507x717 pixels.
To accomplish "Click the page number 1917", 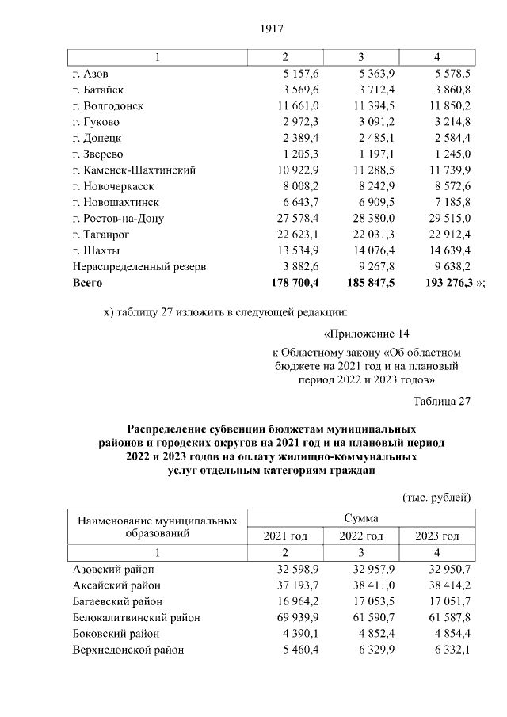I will [271, 29].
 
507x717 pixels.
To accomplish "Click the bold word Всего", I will [87, 282].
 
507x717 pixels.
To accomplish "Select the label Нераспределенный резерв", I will [139, 266].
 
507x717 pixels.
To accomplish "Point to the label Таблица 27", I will [442, 401].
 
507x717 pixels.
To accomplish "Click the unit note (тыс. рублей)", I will [436, 498].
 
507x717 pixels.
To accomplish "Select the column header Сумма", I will [360, 518].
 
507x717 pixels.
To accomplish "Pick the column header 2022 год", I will [361, 536].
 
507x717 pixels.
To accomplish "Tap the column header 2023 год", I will [437, 536].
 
